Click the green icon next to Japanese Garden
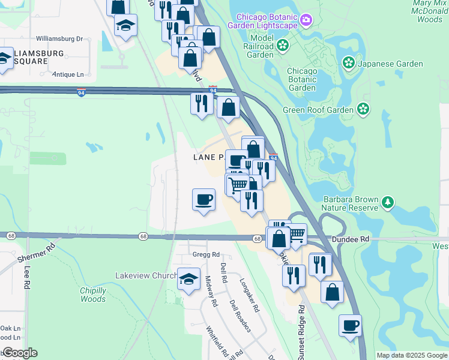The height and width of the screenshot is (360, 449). (x=348, y=63)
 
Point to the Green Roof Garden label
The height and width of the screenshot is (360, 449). (x=319, y=110)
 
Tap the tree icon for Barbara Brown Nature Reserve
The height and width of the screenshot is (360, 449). (x=388, y=202)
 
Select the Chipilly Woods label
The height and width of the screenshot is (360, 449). (x=93, y=295)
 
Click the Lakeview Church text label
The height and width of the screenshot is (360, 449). (x=146, y=275)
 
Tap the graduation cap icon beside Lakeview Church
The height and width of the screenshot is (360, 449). (x=188, y=278)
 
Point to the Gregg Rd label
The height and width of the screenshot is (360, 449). (x=207, y=254)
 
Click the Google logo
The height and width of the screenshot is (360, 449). (x=19, y=353)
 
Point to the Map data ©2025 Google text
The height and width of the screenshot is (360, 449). (x=411, y=355)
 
